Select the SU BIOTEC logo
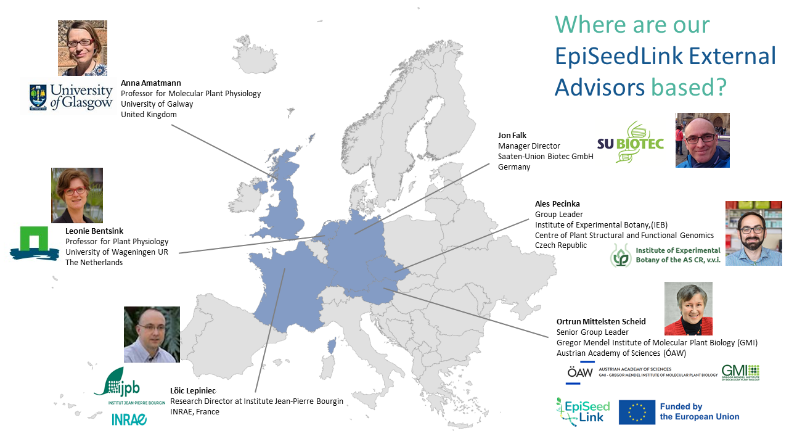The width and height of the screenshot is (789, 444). point(630,142)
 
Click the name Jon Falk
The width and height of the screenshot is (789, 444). point(512,136)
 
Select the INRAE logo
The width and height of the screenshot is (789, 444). point(129,419)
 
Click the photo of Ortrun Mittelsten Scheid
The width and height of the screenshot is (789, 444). point(688,308)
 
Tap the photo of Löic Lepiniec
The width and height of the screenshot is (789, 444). point(152,334)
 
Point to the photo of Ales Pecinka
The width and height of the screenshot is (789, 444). point(753,233)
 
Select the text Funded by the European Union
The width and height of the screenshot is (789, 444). point(699,412)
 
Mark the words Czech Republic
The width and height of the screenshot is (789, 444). point(561,245)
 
